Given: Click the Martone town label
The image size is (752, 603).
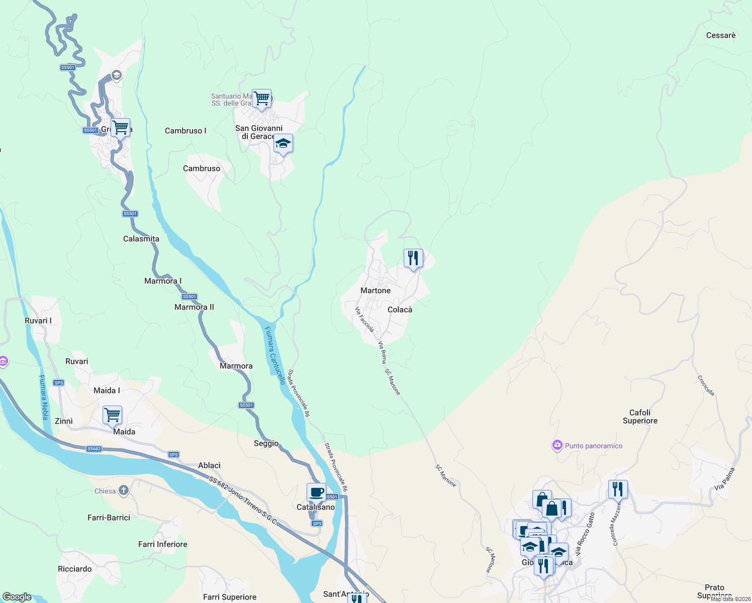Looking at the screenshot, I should [375, 290].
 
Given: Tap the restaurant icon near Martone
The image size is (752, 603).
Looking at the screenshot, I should [413, 258].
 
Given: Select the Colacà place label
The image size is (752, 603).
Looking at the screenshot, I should [400, 310].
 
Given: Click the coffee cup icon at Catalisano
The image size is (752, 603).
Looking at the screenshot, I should [316, 492].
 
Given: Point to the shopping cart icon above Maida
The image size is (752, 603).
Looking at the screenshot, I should [112, 415].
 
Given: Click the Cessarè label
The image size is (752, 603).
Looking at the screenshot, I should [720, 35].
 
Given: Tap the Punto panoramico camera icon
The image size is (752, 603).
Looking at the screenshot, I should [556, 445].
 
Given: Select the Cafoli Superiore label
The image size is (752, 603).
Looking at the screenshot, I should [639, 417].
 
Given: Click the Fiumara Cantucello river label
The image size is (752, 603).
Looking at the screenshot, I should [275, 355].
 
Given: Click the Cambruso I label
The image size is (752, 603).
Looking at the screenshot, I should [185, 131].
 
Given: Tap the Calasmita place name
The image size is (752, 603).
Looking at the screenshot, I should [141, 239].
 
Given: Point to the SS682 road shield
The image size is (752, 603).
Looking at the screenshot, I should [94, 449].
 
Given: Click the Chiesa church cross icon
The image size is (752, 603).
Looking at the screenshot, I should [124, 491].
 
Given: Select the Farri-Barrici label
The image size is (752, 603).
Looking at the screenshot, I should [109, 518].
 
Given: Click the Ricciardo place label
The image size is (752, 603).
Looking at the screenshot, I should [75, 569].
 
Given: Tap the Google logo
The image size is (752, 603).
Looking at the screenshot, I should [17, 597].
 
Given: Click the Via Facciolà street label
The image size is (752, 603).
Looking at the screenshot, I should [364, 320].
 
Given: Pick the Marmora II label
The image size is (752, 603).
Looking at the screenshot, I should [194, 307].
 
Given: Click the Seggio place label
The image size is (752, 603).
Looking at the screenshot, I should [266, 443].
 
